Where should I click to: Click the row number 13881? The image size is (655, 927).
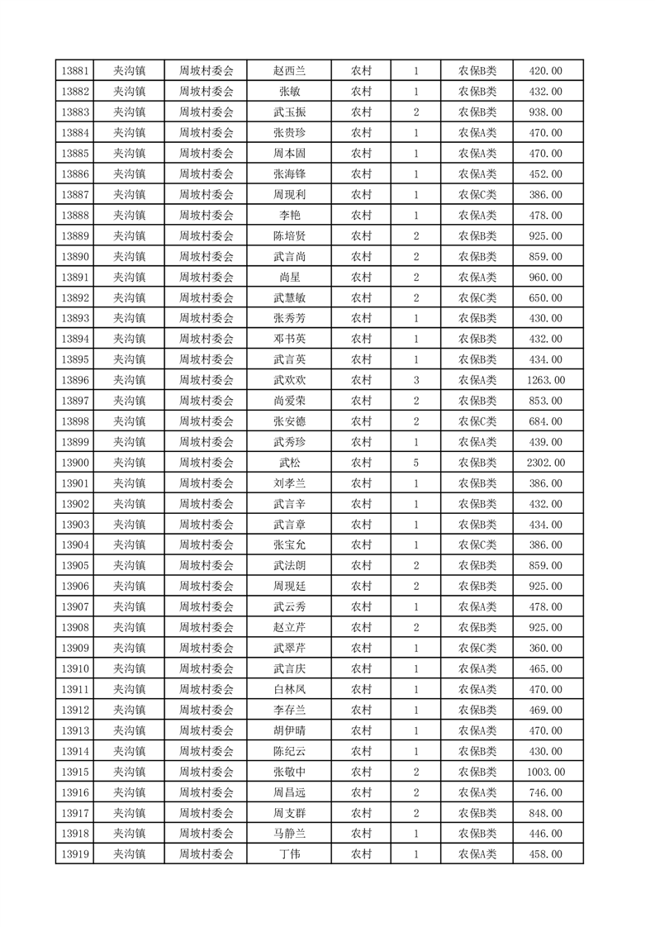pos(75,71)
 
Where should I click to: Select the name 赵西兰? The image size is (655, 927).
pos(289,71)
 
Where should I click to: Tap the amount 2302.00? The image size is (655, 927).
pos(545,463)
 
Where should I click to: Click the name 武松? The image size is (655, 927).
pos(289,463)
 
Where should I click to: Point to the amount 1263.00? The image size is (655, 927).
pos(545,380)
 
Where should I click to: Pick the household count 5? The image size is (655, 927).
pos(415,463)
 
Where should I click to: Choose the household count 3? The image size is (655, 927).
pos(415,380)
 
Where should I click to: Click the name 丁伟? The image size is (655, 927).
pos(289,854)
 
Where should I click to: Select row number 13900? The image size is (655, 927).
pos(75,463)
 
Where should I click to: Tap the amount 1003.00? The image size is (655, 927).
pos(545,772)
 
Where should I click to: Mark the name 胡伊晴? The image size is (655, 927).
pos(289,730)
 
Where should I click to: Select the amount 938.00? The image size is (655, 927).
pos(545,112)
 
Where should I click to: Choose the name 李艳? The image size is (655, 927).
pos(289,216)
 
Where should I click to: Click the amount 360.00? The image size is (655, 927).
pos(545,648)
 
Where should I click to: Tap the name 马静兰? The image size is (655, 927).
pos(289,834)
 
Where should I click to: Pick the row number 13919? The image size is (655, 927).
pos(75,854)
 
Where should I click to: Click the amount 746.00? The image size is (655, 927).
pos(545,792)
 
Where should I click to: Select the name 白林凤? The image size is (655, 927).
pos(289,689)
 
